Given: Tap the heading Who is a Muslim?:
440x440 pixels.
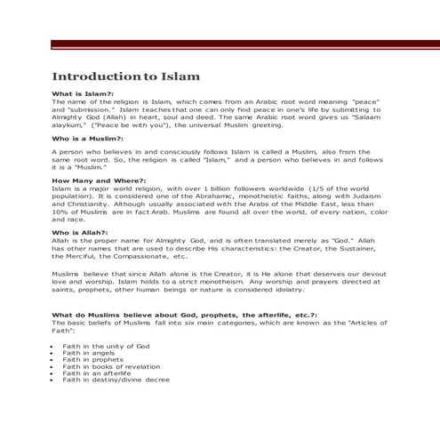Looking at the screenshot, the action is [x=87, y=140].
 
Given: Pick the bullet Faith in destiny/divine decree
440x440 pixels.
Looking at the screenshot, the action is [x=116, y=380].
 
